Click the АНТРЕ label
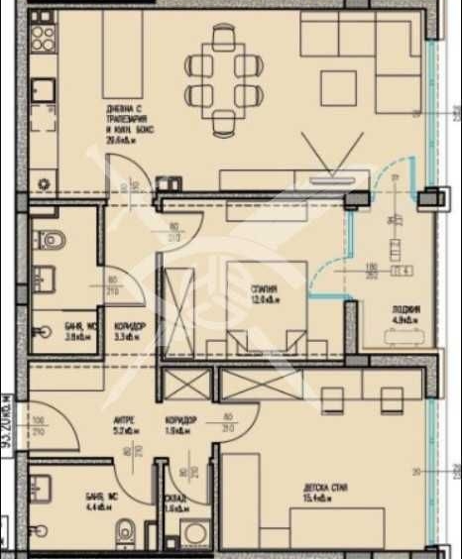124,424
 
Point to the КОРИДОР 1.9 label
180,424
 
